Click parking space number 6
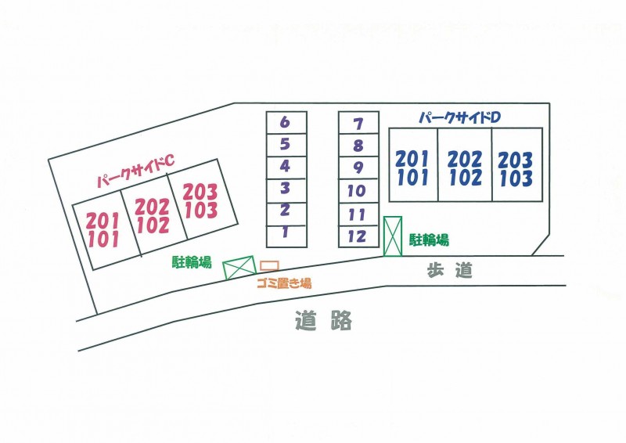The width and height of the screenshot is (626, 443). point(285,122)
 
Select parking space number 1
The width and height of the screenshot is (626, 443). point(285,232)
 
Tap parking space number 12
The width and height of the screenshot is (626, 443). point(358,236)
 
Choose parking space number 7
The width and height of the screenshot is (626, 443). point(358,124)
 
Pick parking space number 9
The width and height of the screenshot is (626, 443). point(358,167)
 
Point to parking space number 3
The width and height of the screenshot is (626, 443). point(285,188)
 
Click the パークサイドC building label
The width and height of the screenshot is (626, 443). point(134,171)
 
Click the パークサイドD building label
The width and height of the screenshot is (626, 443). point(459,117)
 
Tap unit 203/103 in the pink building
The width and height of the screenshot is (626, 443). point(200,201)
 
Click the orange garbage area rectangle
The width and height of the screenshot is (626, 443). point(269,265)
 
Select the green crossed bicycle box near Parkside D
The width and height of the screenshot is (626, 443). point(393,236)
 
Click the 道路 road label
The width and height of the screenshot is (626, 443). point(324,320)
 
